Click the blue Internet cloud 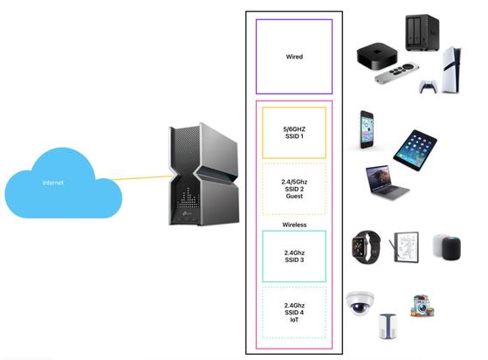pyautogui.click(x=62, y=183)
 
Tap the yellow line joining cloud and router pyautogui.click(x=142, y=178)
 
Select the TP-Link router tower pyautogui.click(x=204, y=175)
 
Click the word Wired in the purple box pyautogui.click(x=294, y=57)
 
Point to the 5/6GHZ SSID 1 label pyautogui.click(x=294, y=133)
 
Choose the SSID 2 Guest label pyautogui.click(x=294, y=189)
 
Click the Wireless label pyautogui.click(x=294, y=225)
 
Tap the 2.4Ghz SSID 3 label pyautogui.click(x=294, y=256)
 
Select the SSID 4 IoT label pyautogui.click(x=294, y=312)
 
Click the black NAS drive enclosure pyautogui.click(x=422, y=32)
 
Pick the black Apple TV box pyautogui.click(x=377, y=55)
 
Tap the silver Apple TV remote pyautogui.click(x=397, y=73)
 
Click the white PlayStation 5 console pyautogui.click(x=451, y=70)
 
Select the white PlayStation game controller pyautogui.click(x=428, y=87)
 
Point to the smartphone pyautogui.click(x=367, y=129)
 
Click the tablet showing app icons pyautogui.click(x=415, y=150)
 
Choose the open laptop pyautogui.click(x=387, y=182)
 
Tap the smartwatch pyautogui.click(x=366, y=247)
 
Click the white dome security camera pyautogui.click(x=360, y=303)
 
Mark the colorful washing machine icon pyautogui.click(x=422, y=306)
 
